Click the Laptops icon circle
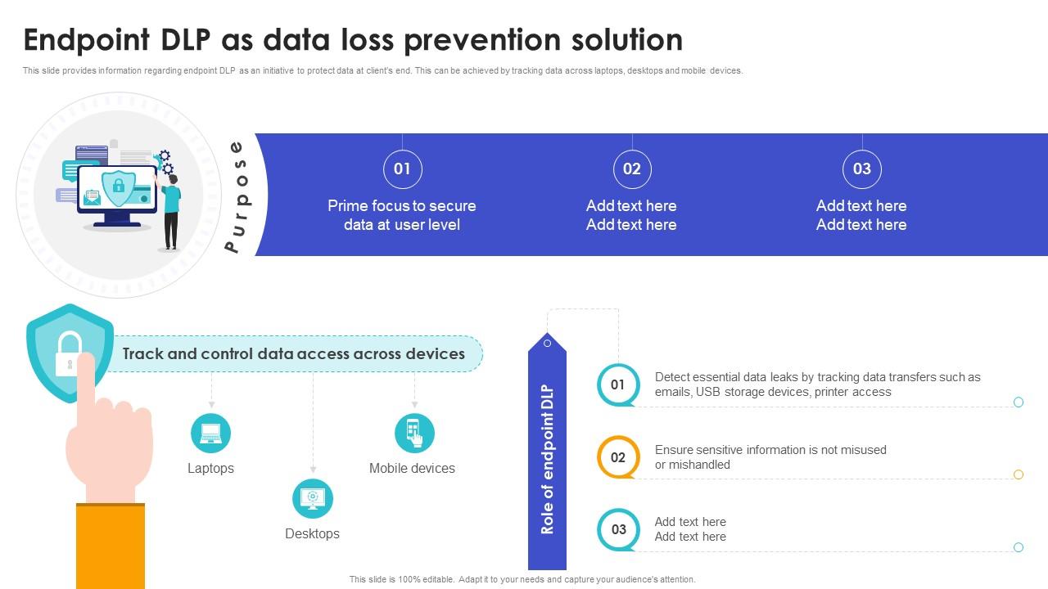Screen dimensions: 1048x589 [x=210, y=433]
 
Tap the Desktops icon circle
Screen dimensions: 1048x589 [x=313, y=498]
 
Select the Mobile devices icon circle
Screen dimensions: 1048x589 [x=414, y=433]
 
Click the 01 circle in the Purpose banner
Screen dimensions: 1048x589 [x=402, y=169]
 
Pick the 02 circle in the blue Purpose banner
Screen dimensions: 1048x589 [x=632, y=169]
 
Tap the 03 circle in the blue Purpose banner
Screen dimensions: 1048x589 [x=862, y=169]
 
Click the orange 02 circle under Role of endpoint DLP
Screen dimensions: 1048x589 [x=618, y=456]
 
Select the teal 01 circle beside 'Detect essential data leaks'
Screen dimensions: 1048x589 [x=618, y=384]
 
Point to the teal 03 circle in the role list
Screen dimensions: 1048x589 [x=618, y=529]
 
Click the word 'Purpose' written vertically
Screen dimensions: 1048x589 [x=238, y=196]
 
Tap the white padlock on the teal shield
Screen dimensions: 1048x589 [x=69, y=354]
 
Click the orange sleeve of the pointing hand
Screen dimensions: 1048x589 [x=111, y=546]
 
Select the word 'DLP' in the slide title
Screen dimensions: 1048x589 [x=186, y=39]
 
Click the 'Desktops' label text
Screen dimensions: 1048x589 [x=313, y=533]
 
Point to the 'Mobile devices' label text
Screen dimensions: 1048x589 [x=412, y=468]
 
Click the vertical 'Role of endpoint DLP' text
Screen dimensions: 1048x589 [x=547, y=459]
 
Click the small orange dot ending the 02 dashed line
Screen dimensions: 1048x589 [x=1018, y=474]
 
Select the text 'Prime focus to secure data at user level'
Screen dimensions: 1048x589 [x=402, y=215]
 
